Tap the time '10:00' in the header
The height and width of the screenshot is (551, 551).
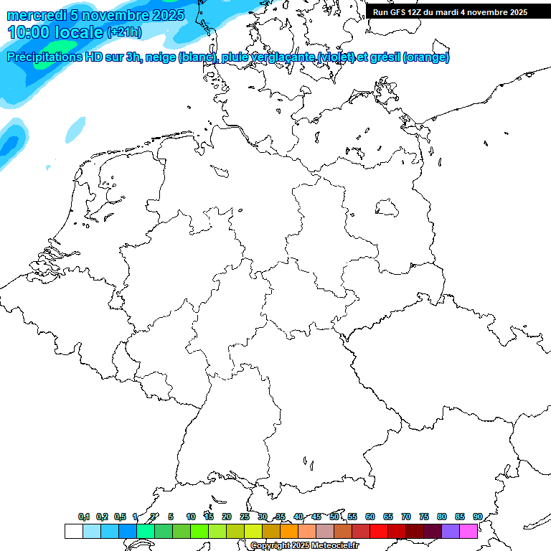pos(29,32)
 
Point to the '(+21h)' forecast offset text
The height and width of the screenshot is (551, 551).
pos(124,32)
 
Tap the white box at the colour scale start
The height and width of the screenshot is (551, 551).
pos(73,531)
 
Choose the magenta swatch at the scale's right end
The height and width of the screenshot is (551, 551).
pos(468,531)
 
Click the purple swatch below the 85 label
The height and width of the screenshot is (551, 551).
pos(451,531)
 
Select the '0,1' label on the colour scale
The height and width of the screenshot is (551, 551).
pos(84,517)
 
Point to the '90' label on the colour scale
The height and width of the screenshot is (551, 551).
pos(478,517)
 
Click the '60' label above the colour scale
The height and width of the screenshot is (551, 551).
pos(370,517)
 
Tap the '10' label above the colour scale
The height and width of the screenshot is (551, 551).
pos(191,517)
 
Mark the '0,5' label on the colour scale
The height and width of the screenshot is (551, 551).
pos(120,517)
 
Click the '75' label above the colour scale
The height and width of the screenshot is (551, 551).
pos(424,517)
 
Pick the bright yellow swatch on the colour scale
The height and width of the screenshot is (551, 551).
pos(253,531)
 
